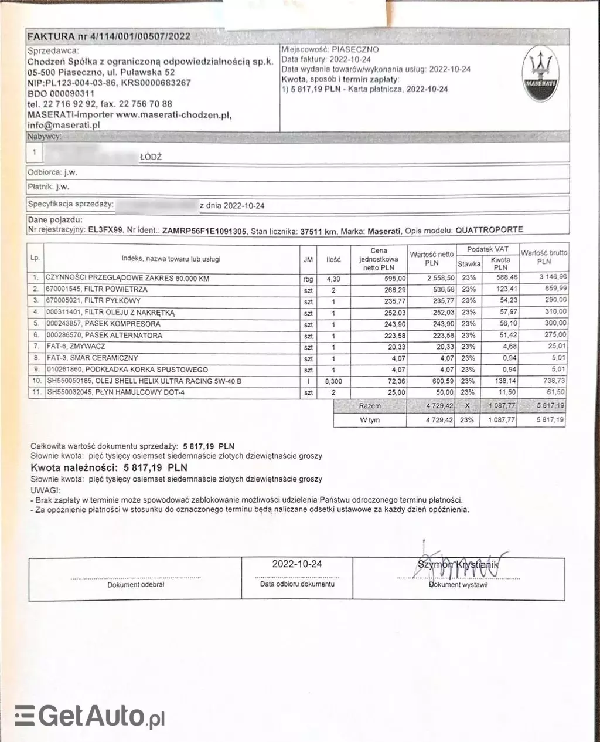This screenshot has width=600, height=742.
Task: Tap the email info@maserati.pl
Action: [64, 124]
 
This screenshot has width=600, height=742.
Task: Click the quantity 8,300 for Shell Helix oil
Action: [333, 381]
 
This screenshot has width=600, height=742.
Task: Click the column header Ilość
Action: [333, 259]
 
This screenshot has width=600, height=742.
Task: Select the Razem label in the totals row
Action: [370, 406]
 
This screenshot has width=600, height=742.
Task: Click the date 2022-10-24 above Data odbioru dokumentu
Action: [297, 564]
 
